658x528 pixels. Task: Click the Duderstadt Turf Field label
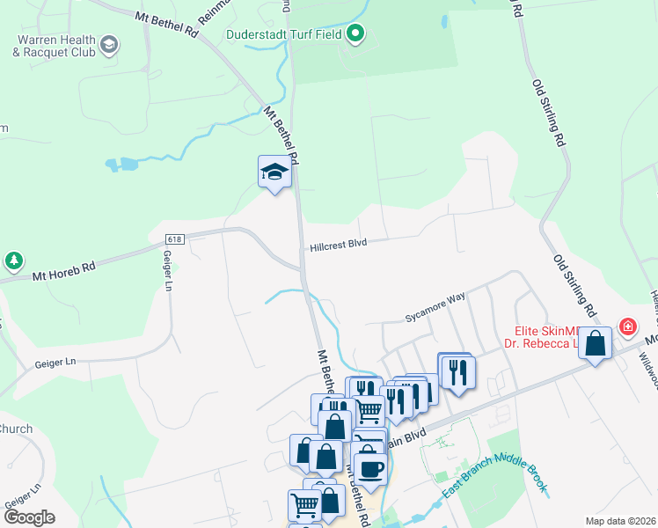point(283,35)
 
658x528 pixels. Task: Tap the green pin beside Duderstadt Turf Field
point(355,35)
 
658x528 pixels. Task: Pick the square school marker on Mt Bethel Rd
point(274,172)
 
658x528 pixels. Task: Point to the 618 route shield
point(173,238)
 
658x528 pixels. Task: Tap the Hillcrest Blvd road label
point(338,246)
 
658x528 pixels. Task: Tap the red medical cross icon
point(627,327)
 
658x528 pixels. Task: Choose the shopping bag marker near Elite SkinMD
point(596,344)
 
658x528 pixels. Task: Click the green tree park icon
point(13,260)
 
